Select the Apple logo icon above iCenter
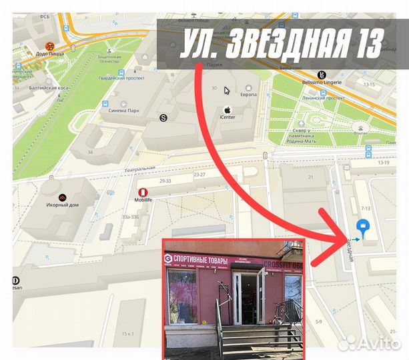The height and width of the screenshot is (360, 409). tap(227, 109)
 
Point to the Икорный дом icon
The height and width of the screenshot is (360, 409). tap(63, 197)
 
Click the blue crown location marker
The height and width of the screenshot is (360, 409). tap(364, 227)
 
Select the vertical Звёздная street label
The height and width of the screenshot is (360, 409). tap(348, 250)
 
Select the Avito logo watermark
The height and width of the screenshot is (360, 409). tap(370, 343)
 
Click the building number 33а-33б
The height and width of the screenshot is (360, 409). tap(129, 217)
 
